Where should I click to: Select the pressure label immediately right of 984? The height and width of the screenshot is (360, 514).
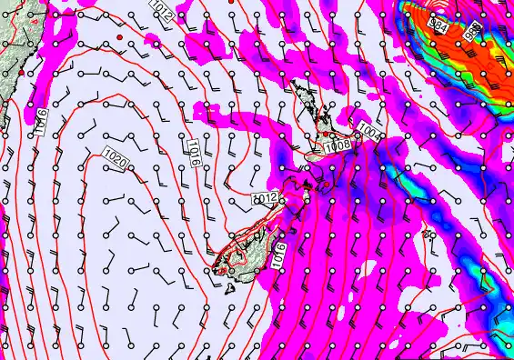[471, 30]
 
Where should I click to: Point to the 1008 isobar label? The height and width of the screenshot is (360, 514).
[337, 145]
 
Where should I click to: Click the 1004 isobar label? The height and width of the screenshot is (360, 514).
[367, 132]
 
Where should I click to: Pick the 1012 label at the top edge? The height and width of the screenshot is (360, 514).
[161, 11]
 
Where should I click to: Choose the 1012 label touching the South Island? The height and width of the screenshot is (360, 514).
[265, 198]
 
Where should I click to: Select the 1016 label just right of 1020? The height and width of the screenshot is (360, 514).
[194, 151]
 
